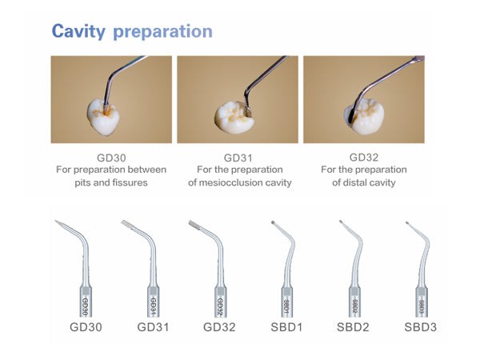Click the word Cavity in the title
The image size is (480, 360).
click(78, 31)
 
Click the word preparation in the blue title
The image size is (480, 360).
click(163, 32)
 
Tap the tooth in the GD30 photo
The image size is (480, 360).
click(104, 117)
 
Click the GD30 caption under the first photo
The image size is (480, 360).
click(111, 158)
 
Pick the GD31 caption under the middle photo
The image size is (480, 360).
click(238, 158)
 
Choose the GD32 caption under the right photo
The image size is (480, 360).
click(364, 158)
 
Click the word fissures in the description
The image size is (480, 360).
click(130, 182)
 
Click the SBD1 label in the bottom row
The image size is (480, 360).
click(287, 327)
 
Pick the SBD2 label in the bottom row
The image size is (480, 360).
click(353, 327)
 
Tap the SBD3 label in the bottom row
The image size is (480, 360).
click(421, 327)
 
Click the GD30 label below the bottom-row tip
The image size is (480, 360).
click(86, 327)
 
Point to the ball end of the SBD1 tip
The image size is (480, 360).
click(273, 222)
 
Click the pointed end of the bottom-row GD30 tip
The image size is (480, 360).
click(56, 221)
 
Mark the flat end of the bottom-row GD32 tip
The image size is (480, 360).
click(190, 222)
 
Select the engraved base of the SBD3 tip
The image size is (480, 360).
click(422, 302)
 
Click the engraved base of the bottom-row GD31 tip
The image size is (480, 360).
click(154, 302)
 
